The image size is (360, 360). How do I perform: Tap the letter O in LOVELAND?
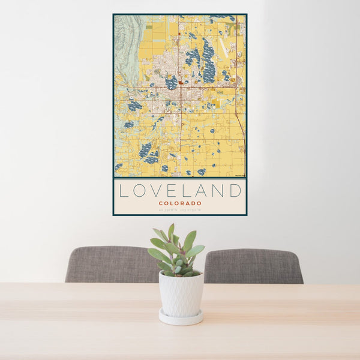tap(139, 191)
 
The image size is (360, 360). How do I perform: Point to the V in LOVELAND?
tap(157, 191)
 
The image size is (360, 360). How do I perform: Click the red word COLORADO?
tap(180, 203)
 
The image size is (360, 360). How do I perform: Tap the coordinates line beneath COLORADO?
tap(180, 210)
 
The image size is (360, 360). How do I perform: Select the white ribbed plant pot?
tap(181, 293)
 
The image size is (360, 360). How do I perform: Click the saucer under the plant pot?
tap(181, 318)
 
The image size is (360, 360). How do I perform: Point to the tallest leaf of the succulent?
tap(171, 231)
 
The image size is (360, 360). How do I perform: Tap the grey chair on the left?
tap(111, 264)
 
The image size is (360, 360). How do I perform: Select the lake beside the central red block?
tap(172, 82)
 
